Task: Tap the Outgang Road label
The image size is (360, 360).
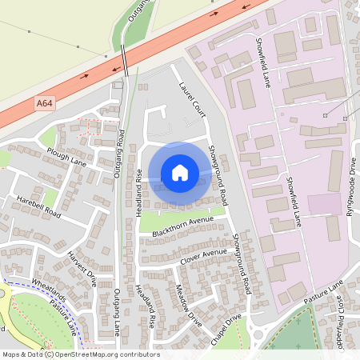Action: pyautogui.click(x=120, y=152)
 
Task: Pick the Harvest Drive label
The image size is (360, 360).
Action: pyautogui.click(x=82, y=269)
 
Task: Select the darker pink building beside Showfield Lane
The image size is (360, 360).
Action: pyautogui.click(x=323, y=204)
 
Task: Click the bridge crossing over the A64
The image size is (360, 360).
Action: pyautogui.click(x=126, y=60)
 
